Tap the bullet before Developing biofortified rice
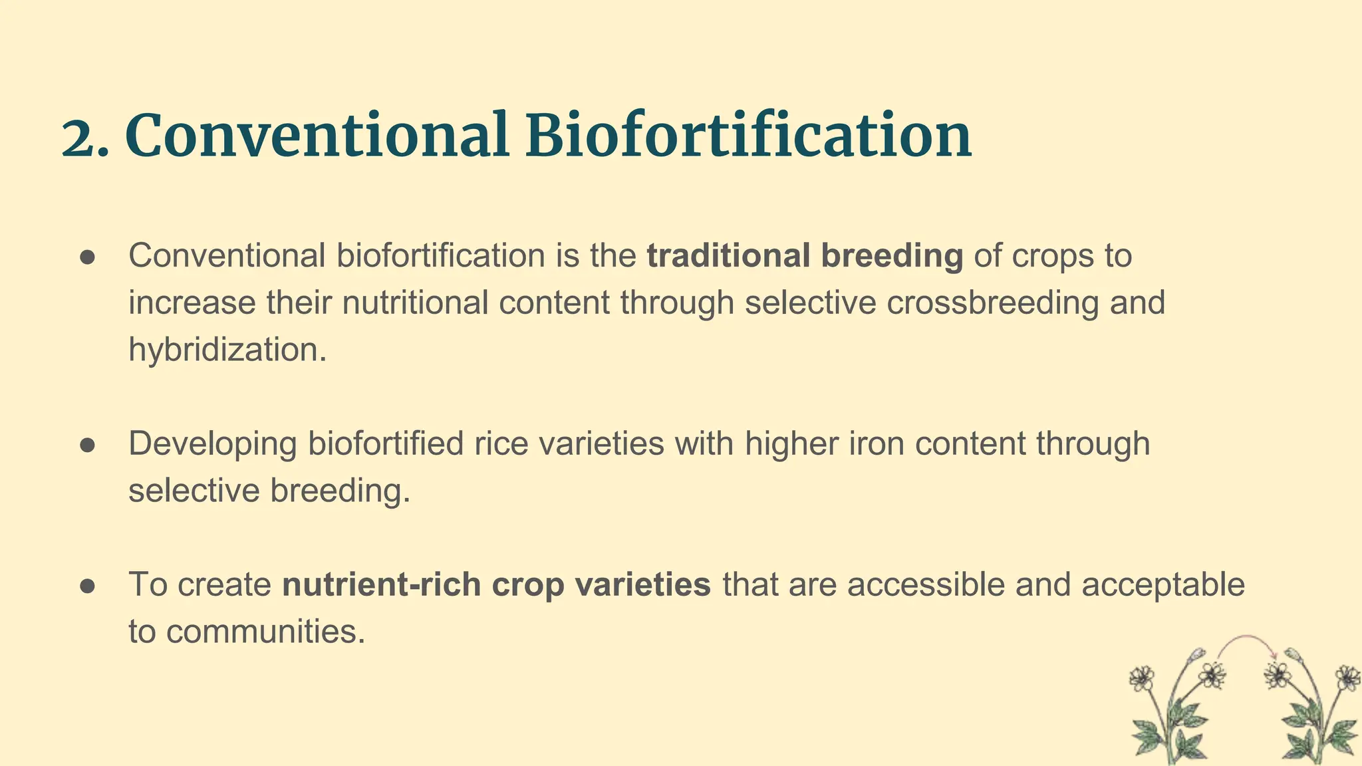click(88, 445)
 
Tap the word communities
click(265, 632)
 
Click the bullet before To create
click(88, 586)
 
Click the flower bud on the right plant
click(1294, 655)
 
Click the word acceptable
click(1163, 584)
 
